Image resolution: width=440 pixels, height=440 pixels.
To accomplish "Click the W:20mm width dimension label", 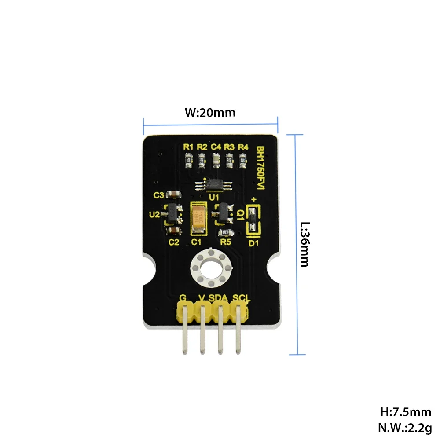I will (210, 112).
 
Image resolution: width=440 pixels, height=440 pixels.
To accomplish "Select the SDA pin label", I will (218, 298).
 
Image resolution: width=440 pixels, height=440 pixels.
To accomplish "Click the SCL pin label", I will (242, 298).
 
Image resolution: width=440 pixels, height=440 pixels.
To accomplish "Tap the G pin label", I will (183, 298).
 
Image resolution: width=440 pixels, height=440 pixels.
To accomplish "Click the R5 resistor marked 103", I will (224, 232).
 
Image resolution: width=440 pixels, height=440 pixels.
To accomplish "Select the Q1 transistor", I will (224, 213).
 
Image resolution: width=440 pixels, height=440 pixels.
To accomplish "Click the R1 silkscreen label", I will (188, 147).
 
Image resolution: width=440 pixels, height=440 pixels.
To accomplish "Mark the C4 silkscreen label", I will (216, 147).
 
